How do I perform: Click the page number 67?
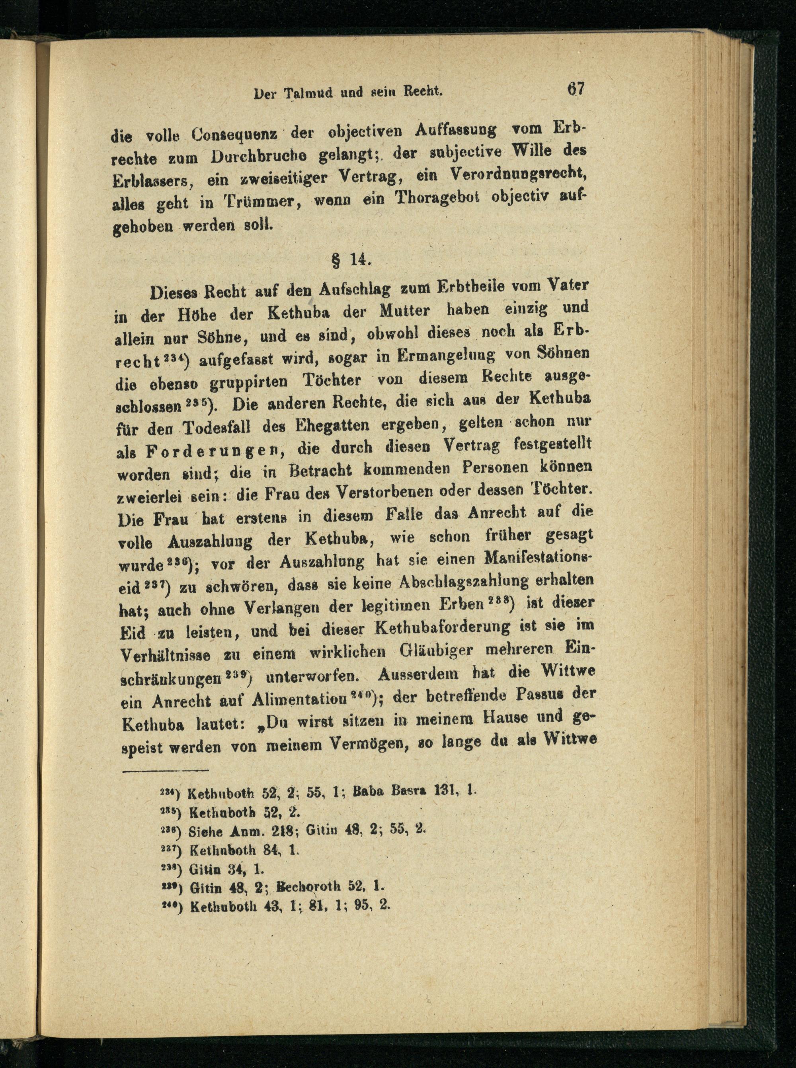click(576, 89)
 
